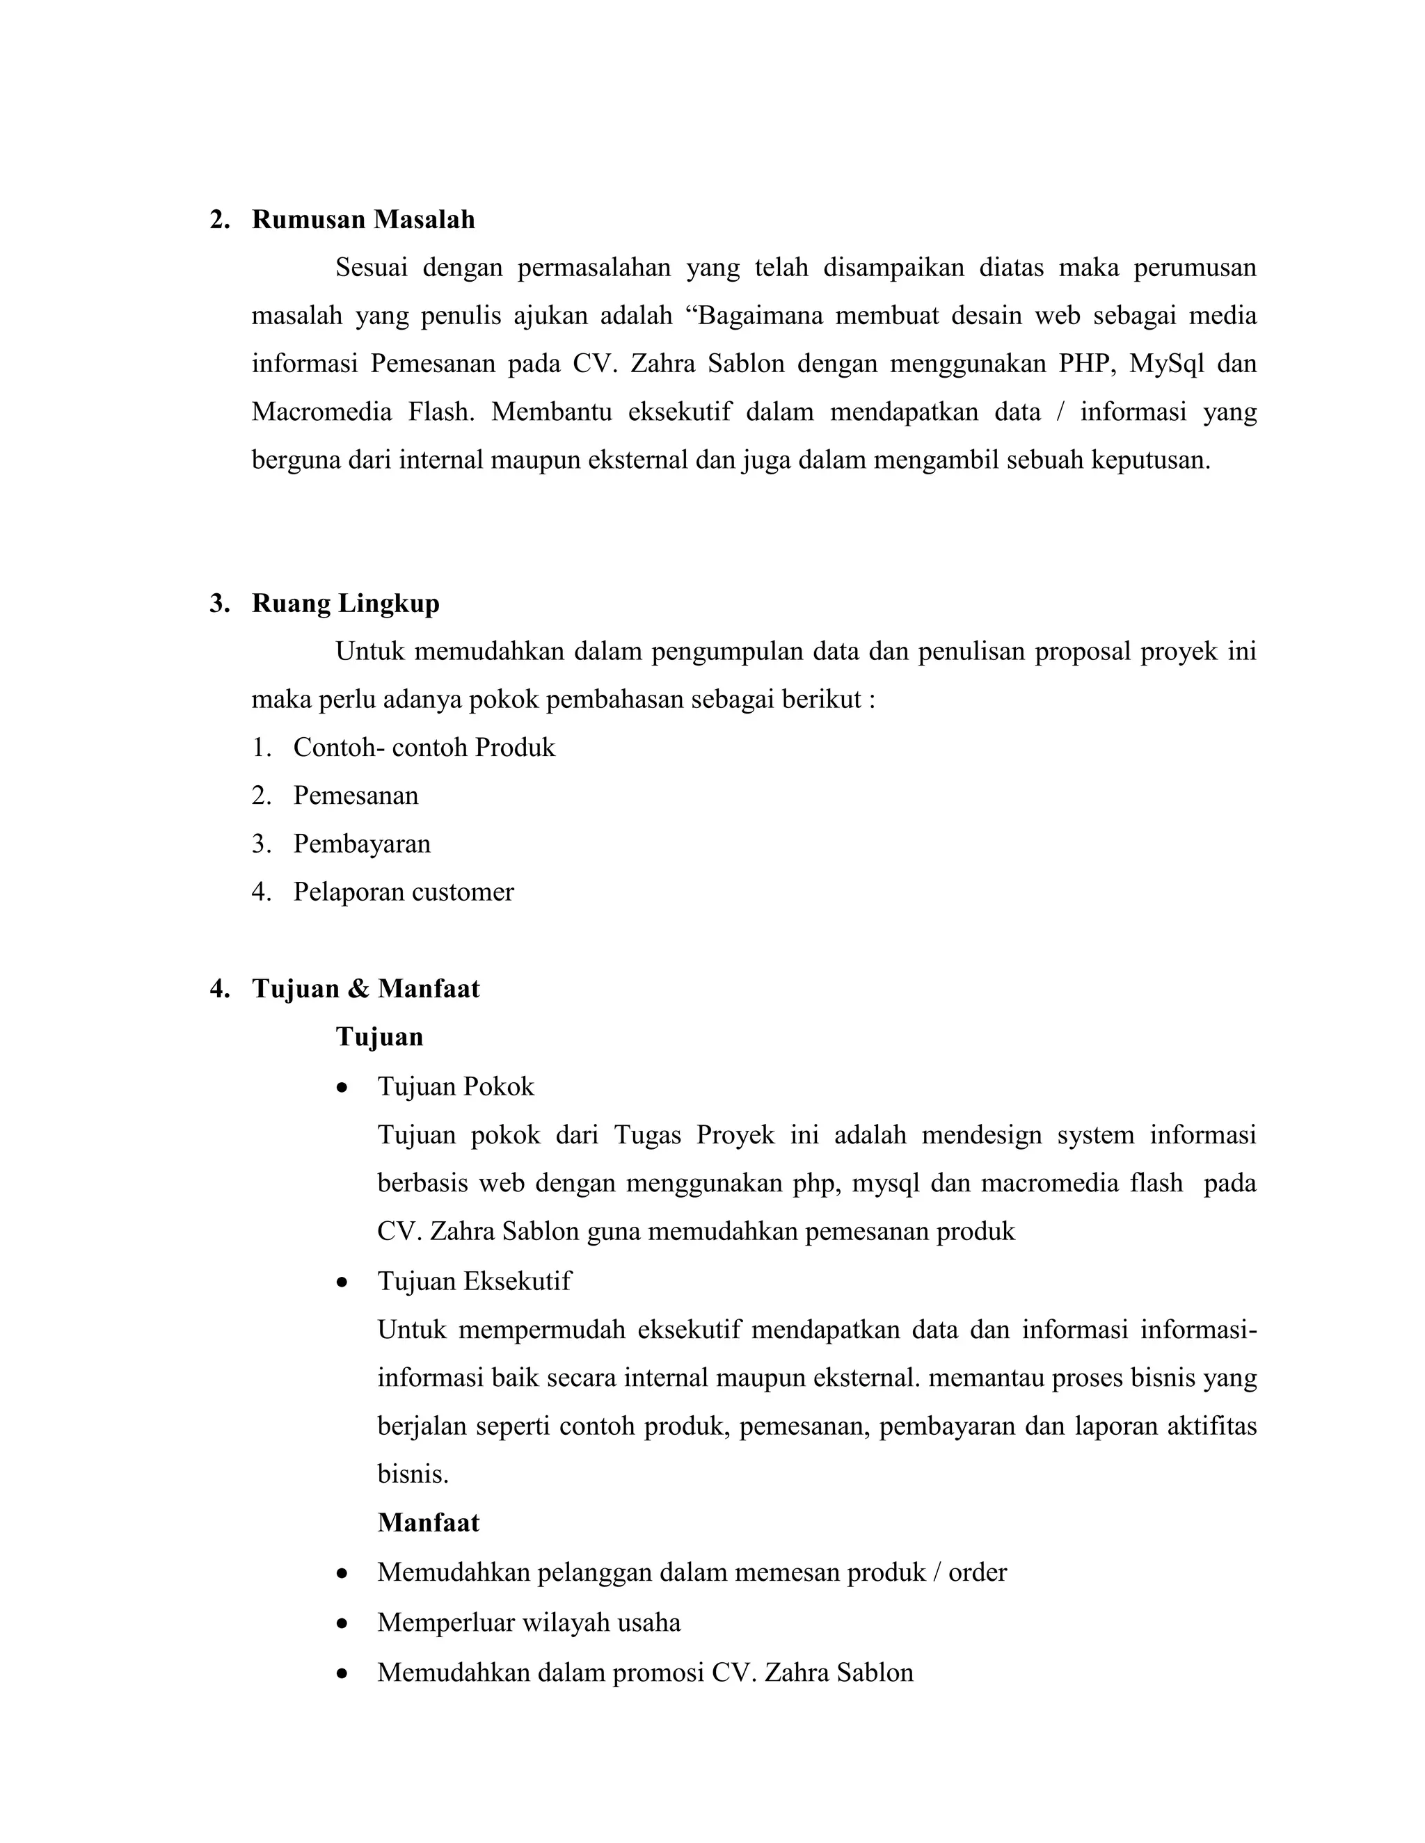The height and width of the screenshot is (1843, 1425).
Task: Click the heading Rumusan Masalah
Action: (363, 219)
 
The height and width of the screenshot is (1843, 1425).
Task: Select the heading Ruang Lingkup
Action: (345, 604)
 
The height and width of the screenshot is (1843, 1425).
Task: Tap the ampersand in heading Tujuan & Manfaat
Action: (359, 989)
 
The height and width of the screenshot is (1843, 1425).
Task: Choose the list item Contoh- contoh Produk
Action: (424, 748)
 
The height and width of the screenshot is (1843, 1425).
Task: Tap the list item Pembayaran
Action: (361, 844)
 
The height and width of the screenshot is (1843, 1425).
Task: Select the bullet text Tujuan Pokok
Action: (455, 1086)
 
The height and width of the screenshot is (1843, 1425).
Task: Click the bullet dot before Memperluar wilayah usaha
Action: (342, 1623)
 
